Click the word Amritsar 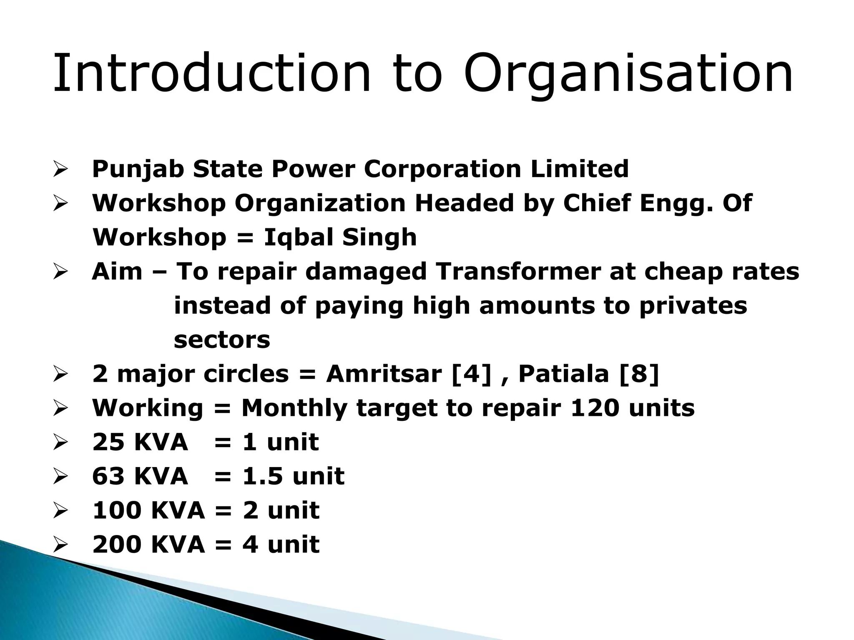click(384, 373)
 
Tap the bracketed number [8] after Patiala click(639, 373)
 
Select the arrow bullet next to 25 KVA click(61, 442)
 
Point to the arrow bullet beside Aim click(61, 272)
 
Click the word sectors click(222, 340)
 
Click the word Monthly click(294, 407)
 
